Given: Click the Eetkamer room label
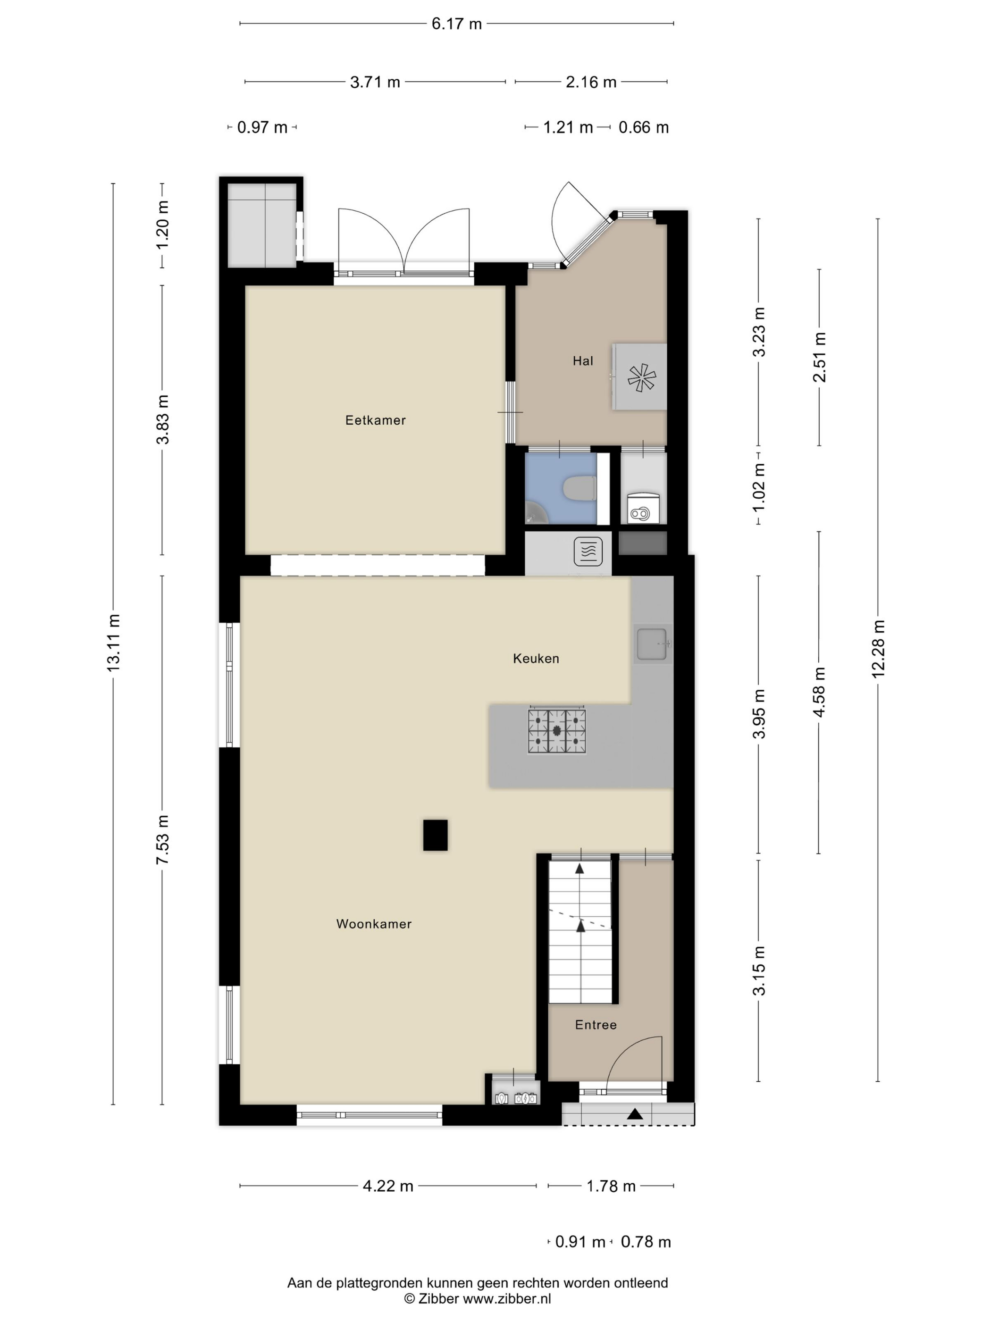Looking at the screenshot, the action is coord(375,420).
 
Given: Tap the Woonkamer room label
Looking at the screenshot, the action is coord(374,924).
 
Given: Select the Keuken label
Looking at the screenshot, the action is coord(536,658).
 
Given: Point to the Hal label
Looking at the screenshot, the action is coord(582,361).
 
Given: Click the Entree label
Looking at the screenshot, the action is coord(596,1025).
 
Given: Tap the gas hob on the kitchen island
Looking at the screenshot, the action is coord(557,731).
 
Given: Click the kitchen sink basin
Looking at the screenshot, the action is coord(651,644).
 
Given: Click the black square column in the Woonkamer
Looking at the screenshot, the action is coord(436,835).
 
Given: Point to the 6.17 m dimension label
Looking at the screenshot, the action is coord(456,24).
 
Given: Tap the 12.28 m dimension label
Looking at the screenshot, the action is coord(877,649).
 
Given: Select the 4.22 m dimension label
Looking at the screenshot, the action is coord(388,1186).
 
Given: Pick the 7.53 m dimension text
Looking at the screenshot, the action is coord(162,839).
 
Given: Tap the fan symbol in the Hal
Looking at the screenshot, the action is coord(641,377).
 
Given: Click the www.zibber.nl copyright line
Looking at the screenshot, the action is coord(477,1298).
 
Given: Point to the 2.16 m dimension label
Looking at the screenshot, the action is coord(591,82).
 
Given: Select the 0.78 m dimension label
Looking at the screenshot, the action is coord(646,1242).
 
